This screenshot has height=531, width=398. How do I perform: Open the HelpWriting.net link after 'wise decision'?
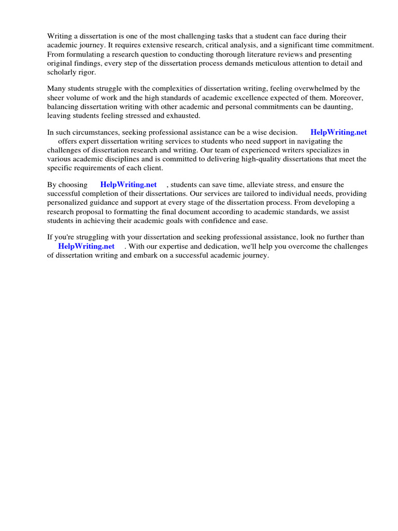(x=338, y=132)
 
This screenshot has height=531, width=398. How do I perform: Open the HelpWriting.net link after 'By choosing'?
(x=129, y=185)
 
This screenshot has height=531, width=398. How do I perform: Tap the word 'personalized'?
(x=68, y=202)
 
